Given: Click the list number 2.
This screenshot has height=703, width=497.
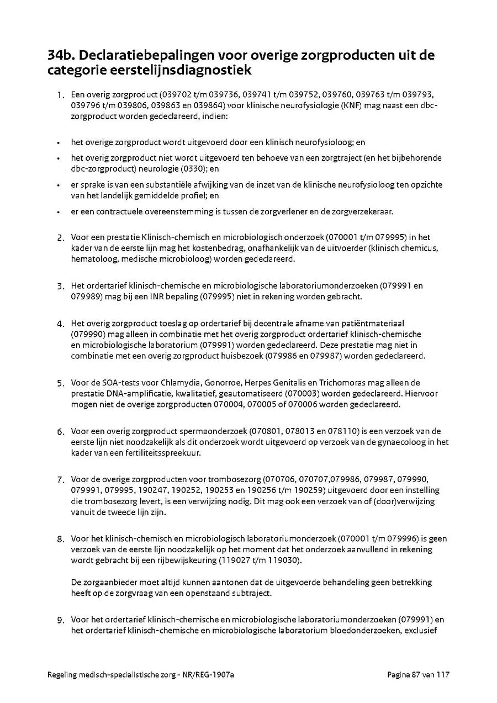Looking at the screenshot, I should pos(61,238).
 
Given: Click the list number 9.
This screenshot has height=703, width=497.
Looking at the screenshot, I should pos(61,620).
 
